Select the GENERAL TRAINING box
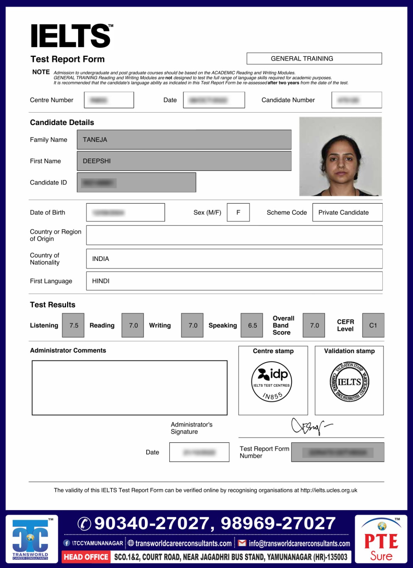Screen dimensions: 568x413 point(314,59)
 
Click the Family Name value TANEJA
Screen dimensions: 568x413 point(95,140)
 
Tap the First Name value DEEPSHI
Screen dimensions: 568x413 point(97,161)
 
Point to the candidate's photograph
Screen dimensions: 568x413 point(340,157)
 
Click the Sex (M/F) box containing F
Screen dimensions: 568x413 point(238,212)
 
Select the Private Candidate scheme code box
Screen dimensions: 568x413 point(347,212)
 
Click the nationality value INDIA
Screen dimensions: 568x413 point(100,259)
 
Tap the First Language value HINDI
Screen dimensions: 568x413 point(100,281)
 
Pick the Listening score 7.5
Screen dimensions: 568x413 point(74,325)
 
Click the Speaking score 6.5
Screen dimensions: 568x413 point(252,325)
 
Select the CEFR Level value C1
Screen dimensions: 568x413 point(373,325)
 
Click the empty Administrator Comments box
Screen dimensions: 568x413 point(130,388)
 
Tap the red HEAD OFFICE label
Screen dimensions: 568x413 point(86,557)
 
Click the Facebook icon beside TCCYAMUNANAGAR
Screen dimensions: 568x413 point(66,543)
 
